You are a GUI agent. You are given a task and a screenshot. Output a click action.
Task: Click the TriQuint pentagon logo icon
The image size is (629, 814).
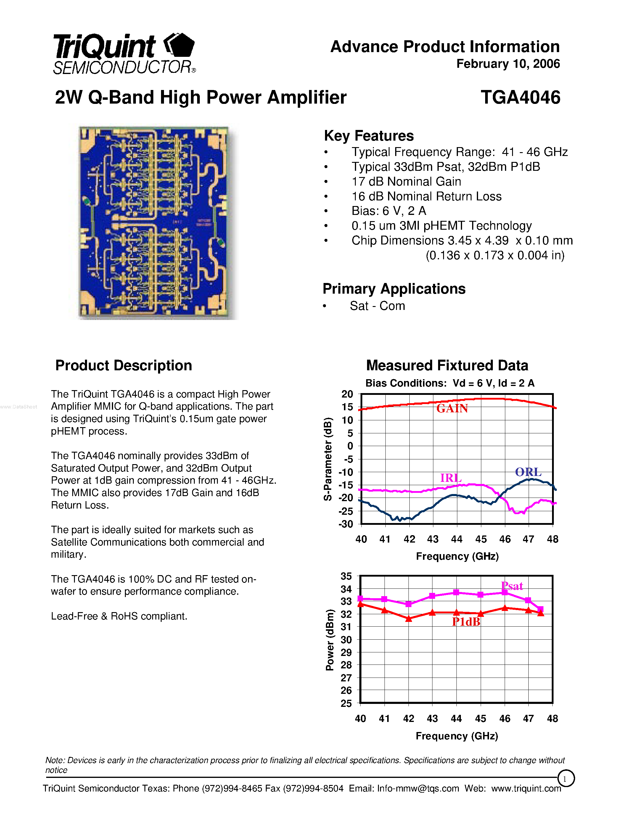click(180, 46)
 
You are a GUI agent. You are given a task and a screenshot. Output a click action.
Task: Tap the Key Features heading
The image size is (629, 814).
click(369, 136)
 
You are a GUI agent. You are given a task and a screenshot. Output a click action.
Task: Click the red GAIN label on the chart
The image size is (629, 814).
click(452, 408)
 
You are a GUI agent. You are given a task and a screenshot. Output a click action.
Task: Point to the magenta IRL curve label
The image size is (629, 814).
click(451, 478)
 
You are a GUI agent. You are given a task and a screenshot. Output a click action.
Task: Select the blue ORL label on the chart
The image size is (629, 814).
click(528, 472)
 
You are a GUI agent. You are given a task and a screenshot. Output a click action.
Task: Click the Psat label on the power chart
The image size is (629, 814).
click(512, 586)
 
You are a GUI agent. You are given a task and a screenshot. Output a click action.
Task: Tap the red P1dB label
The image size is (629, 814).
click(466, 622)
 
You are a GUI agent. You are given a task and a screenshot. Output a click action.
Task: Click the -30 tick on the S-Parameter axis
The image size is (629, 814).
click(345, 524)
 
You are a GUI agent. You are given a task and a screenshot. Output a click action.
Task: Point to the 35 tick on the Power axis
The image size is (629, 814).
click(346, 576)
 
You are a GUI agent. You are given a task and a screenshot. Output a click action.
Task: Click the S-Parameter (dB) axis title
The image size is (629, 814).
click(328, 459)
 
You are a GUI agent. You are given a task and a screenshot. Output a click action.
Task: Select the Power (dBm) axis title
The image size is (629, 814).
click(330, 640)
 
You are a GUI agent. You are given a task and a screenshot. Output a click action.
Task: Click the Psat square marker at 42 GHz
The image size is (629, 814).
click(408, 604)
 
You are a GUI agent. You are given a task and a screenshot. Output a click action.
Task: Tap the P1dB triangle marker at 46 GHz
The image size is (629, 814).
click(505, 608)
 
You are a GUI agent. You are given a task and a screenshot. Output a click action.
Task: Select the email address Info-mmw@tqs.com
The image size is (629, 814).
click(418, 789)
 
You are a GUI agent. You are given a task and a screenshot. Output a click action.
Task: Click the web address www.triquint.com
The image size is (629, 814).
click(526, 789)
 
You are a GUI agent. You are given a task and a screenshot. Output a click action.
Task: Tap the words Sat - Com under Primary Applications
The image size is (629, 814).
click(377, 306)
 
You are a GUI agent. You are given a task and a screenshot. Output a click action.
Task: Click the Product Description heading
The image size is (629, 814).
click(124, 366)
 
